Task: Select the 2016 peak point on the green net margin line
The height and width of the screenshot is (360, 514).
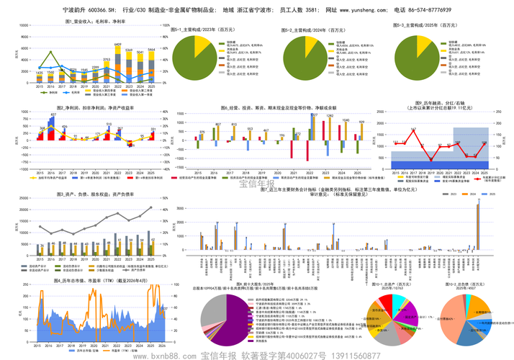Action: tap(50, 52)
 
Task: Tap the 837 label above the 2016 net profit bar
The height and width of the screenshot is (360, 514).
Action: tap(53, 115)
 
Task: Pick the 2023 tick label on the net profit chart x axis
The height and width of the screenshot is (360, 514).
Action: tap(130, 174)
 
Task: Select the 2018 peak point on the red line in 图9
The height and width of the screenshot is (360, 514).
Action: tap(414, 130)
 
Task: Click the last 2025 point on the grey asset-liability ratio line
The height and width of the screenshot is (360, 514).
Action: tap(152, 207)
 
